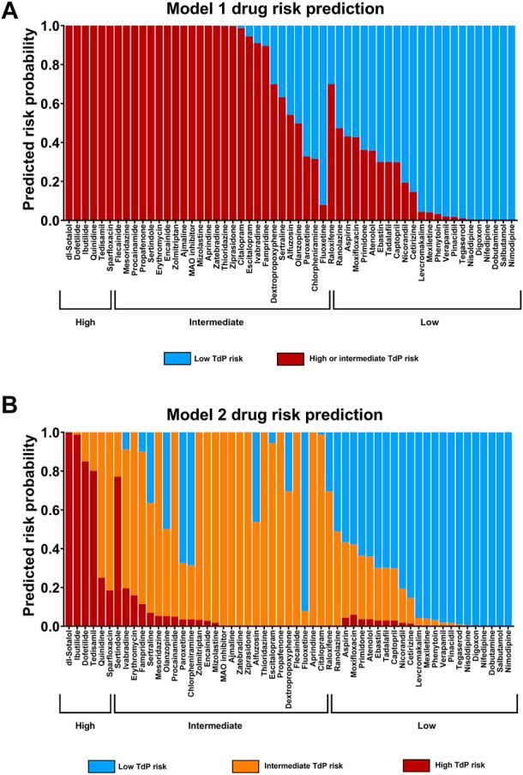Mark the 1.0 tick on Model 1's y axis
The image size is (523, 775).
pyautogui.click(x=46, y=26)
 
